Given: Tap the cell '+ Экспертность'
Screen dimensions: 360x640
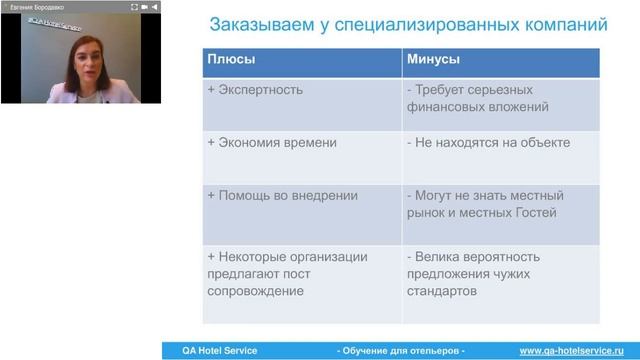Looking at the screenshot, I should [x=255, y=90].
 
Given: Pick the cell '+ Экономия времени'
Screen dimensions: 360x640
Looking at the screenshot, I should [x=272, y=143].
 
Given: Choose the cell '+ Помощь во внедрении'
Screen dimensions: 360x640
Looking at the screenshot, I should [x=281, y=196].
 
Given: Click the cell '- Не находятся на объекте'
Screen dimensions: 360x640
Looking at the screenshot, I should [x=488, y=143].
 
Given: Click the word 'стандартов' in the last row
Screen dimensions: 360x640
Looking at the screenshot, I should [x=445, y=292].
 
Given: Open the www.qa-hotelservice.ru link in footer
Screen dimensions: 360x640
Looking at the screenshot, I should [x=573, y=351].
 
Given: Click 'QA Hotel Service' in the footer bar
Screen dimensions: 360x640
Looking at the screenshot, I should [x=213, y=351].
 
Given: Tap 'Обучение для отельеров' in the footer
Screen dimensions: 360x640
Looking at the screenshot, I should [x=401, y=351].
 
